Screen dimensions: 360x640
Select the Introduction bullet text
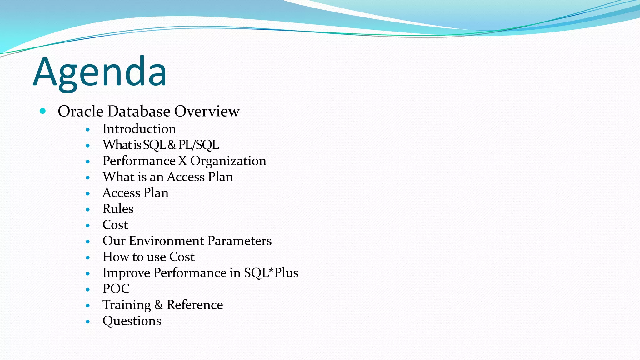[139, 129]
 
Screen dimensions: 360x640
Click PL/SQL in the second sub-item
[198, 145]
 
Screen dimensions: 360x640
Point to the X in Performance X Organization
[182, 161]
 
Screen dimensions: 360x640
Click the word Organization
[228, 161]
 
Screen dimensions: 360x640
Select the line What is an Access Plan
[168, 177]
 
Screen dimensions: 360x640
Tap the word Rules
[118, 209]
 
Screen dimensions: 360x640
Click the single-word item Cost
[115, 225]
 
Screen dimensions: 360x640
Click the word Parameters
[239, 241]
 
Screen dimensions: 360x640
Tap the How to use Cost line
[148, 257]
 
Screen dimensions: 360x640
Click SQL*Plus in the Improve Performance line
[271, 273]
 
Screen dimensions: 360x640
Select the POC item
[116, 289]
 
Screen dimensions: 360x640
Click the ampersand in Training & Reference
[159, 305]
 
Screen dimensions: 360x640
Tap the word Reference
[195, 305]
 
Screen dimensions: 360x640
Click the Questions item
[132, 321]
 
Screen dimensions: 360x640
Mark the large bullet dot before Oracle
[43, 111]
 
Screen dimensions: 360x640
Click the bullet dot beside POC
[88, 290]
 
